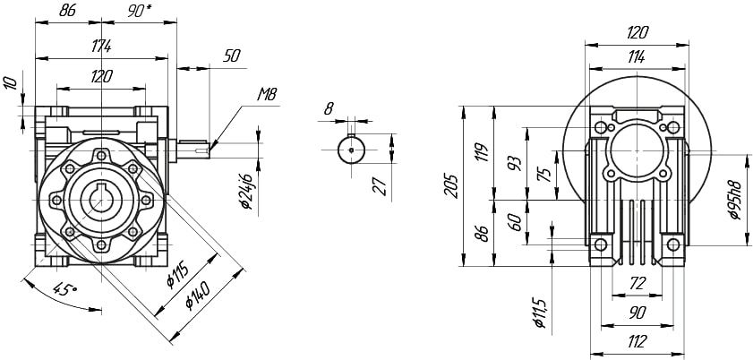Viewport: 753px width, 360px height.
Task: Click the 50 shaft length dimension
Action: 232,56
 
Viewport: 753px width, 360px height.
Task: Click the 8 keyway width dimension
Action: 329,108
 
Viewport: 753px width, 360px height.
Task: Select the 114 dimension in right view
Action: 637,56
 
